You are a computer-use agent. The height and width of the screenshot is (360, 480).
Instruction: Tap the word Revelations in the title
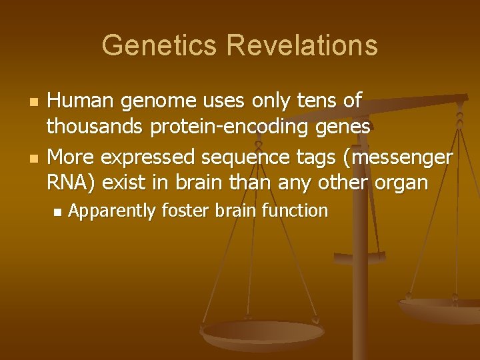302,46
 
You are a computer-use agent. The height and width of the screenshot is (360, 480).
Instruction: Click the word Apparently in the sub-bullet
112,212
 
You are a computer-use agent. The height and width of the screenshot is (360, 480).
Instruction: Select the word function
295,211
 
